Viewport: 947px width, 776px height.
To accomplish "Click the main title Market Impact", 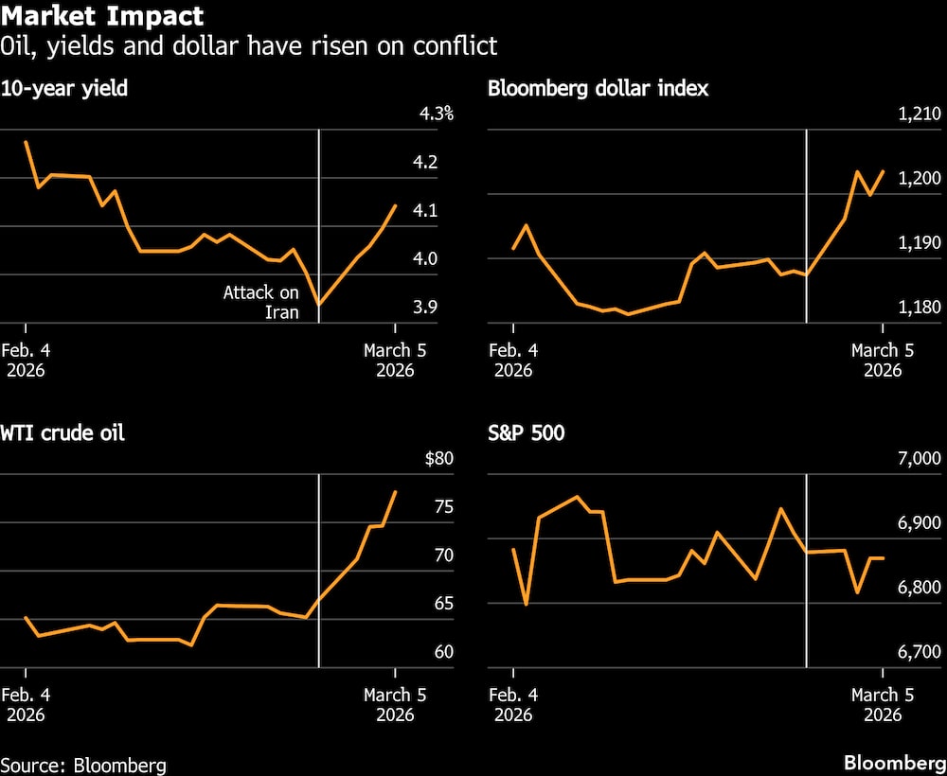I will click(x=102, y=17).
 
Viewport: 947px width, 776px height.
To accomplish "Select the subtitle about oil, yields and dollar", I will click(x=249, y=45).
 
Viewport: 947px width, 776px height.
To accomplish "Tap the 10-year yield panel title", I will click(x=64, y=90).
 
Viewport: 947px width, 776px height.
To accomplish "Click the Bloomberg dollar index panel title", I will click(x=599, y=90).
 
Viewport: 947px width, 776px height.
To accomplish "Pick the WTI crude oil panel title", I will click(x=63, y=434).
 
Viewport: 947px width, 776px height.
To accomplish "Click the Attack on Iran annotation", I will click(x=260, y=302).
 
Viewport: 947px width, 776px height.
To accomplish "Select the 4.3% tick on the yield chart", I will click(x=437, y=115).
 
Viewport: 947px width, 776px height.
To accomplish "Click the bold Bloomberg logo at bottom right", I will click(x=894, y=764).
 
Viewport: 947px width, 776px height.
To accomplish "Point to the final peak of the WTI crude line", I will click(x=395, y=492).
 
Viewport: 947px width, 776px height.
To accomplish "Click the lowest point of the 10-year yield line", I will click(x=319, y=305).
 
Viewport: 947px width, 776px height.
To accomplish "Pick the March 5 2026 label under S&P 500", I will click(x=882, y=704).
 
